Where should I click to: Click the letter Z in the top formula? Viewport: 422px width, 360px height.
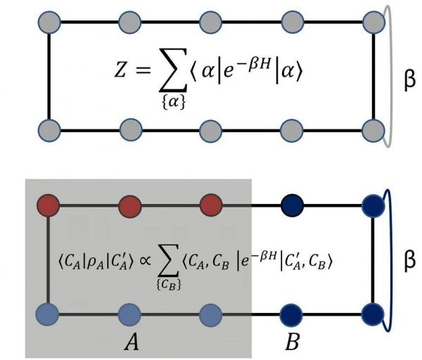[x=120, y=70]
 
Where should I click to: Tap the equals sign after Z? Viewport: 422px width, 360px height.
[x=143, y=70]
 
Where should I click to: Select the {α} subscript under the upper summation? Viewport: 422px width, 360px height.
[x=174, y=102]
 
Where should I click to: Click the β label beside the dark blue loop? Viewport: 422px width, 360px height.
[x=409, y=262]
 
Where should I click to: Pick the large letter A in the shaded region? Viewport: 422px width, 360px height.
[x=132, y=342]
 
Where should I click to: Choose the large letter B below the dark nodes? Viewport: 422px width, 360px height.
[x=293, y=342]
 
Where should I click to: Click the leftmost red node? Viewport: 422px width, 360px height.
[x=48, y=205]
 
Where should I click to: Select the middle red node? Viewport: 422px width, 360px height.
[x=130, y=206]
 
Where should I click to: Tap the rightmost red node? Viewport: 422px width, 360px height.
[x=211, y=205]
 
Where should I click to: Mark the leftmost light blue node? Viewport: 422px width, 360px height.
[x=47, y=314]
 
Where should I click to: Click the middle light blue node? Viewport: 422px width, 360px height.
[x=129, y=315]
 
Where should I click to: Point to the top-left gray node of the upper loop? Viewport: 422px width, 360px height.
[x=49, y=22]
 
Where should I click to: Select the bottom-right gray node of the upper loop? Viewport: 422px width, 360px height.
[x=373, y=131]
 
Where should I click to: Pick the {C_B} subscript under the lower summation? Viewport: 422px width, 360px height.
[x=169, y=285]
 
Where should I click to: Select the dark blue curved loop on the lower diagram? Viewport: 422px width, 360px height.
[x=392, y=259]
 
